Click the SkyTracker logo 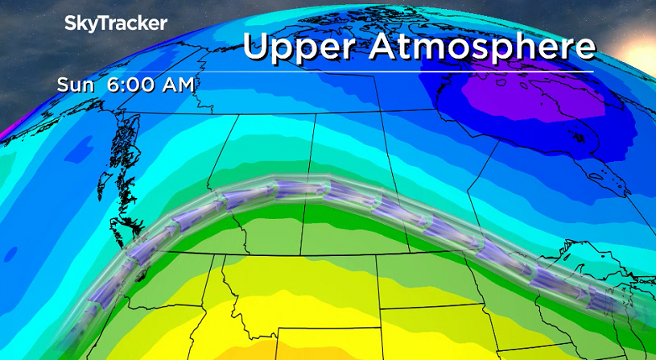click(x=116, y=23)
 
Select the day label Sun click(x=73, y=84)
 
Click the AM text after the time click(x=176, y=84)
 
